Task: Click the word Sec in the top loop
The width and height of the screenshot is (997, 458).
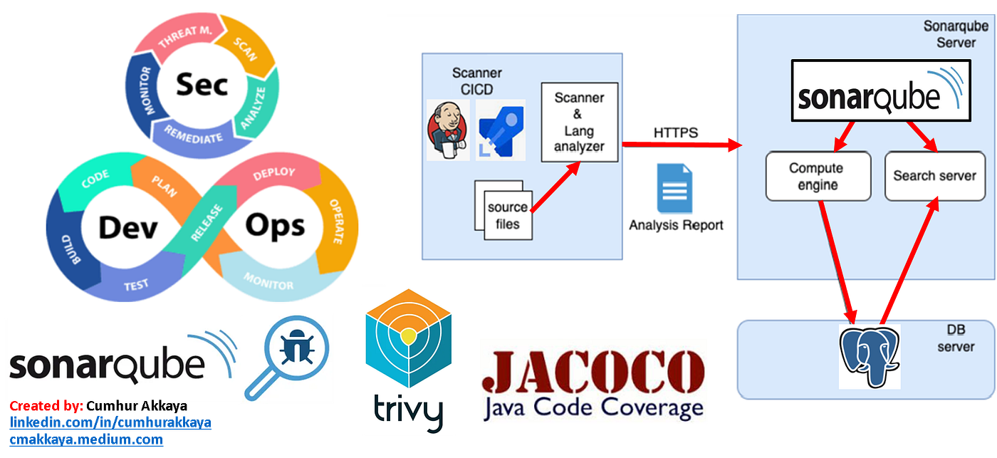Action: point(202,84)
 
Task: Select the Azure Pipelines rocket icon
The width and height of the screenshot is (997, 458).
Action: point(500,130)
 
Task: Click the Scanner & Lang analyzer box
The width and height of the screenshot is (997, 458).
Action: point(578,122)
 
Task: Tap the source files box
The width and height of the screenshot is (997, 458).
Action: point(507,215)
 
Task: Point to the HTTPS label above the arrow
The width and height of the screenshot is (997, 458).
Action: point(675,133)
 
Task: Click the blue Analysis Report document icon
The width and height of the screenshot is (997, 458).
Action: point(674,189)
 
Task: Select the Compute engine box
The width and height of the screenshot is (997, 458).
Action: point(818,176)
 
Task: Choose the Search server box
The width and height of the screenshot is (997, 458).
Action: point(934,175)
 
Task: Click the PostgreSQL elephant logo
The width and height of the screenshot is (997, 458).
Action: point(869,355)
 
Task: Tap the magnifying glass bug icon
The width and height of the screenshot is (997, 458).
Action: point(292,353)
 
